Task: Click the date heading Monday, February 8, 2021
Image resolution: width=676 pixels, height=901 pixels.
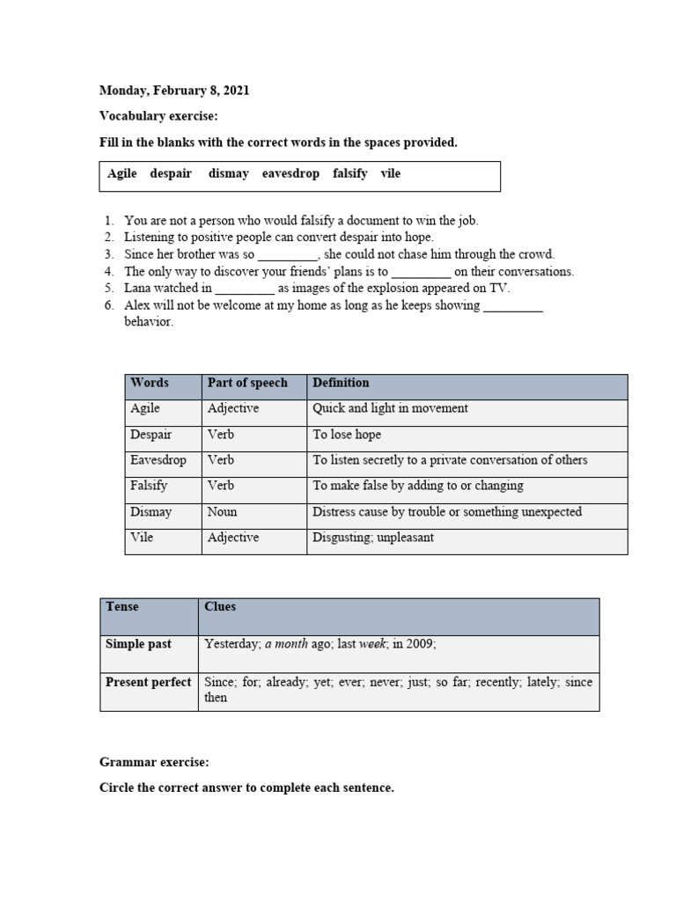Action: pyautogui.click(x=174, y=91)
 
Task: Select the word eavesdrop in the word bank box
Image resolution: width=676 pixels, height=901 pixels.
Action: pyautogui.click(x=290, y=174)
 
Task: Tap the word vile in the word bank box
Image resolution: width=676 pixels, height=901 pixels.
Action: pyautogui.click(x=390, y=174)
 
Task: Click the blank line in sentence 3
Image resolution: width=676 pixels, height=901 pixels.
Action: pyautogui.click(x=287, y=255)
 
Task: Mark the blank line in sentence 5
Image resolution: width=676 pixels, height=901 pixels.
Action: pyautogui.click(x=245, y=289)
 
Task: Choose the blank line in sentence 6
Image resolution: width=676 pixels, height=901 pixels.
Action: pyautogui.click(x=513, y=306)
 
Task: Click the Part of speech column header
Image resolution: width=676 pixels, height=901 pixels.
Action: pyautogui.click(x=247, y=384)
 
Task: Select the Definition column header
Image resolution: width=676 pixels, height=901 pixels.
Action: pyautogui.click(x=341, y=384)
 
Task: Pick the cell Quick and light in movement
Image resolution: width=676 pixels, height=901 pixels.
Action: pyautogui.click(x=390, y=409)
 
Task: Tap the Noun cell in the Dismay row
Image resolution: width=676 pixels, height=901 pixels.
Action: pyautogui.click(x=222, y=512)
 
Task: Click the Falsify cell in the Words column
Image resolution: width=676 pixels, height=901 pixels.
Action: pyautogui.click(x=149, y=486)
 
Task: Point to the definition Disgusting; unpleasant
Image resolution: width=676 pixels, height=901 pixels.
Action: pyautogui.click(x=373, y=538)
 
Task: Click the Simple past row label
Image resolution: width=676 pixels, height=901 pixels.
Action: pyautogui.click(x=138, y=645)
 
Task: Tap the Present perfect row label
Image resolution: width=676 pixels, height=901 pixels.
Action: pyautogui.click(x=148, y=683)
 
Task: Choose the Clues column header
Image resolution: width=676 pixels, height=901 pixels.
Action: pyautogui.click(x=220, y=607)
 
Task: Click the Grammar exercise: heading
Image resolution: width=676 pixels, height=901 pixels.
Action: pyautogui.click(x=155, y=762)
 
